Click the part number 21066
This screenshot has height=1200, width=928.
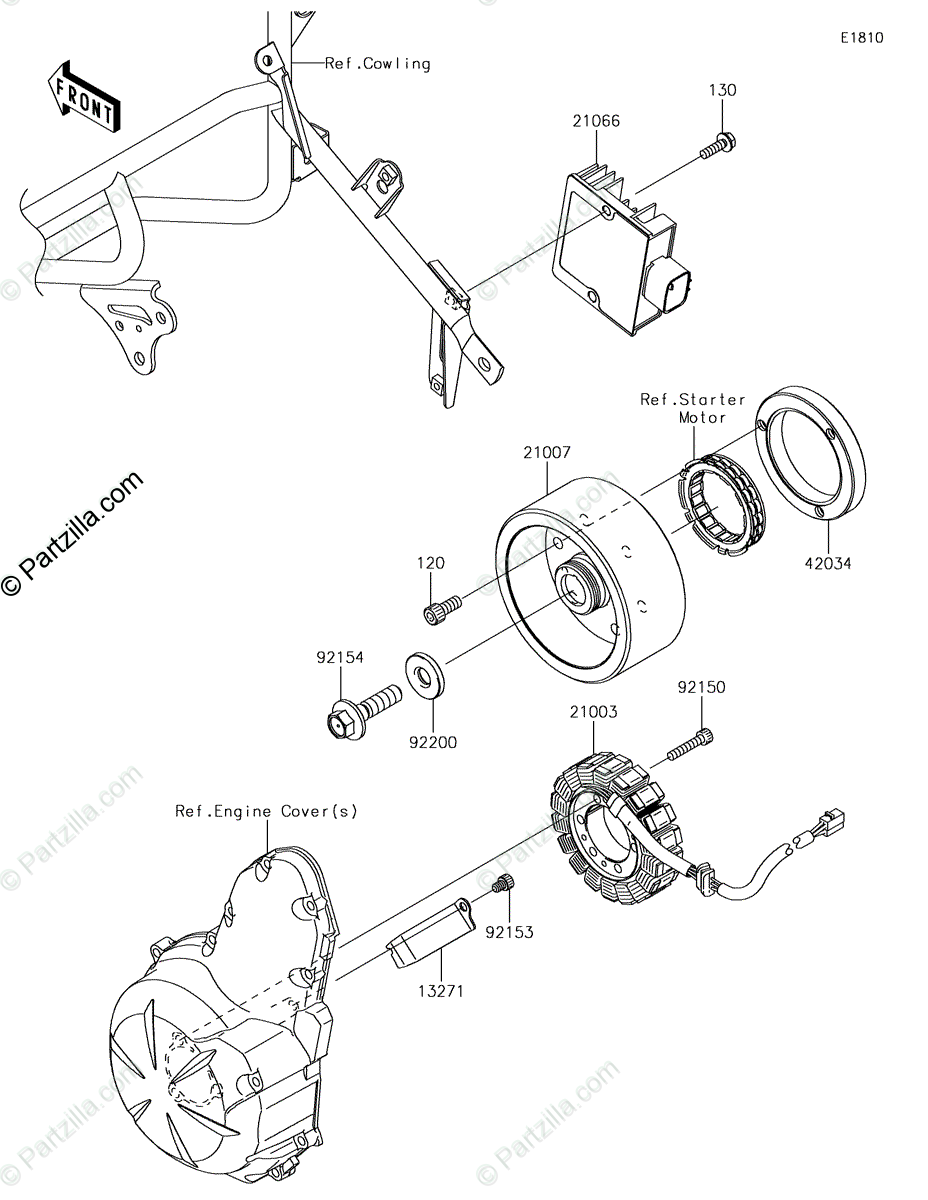point(596,122)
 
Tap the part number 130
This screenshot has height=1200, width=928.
point(722,91)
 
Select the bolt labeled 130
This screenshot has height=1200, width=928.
point(716,146)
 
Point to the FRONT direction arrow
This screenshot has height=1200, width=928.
point(86,98)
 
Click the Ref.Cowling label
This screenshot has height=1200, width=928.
point(377,64)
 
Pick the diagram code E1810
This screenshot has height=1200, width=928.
point(861,39)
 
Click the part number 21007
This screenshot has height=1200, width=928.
point(546,453)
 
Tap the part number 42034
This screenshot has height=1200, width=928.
point(826,563)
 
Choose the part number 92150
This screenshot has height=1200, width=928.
point(701,688)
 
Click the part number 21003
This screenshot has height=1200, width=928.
point(593,713)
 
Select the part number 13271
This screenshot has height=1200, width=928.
point(440,991)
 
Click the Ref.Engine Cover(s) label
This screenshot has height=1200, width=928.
point(266,811)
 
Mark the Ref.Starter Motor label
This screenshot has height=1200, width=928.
point(693,408)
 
